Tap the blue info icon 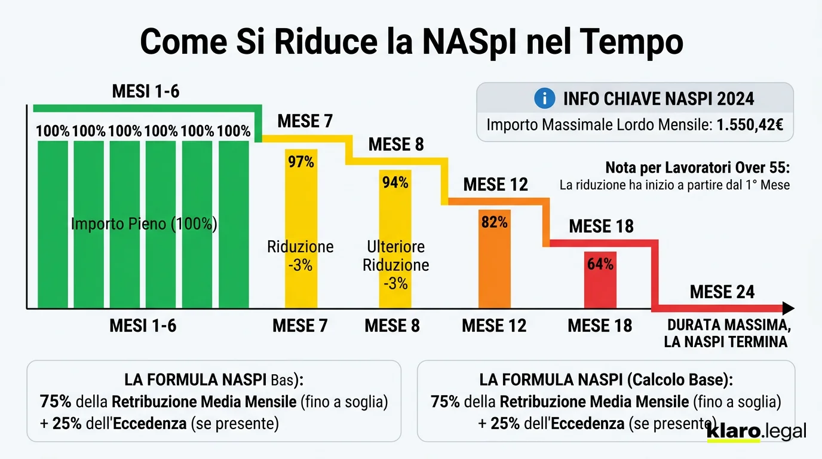(544, 99)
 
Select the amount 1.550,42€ (750, 126)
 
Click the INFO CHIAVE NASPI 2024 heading (658, 99)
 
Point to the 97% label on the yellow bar (301, 162)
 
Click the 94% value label (395, 183)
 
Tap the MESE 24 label (722, 292)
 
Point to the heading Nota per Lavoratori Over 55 (697, 167)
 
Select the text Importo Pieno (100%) (143, 224)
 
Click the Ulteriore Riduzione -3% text (395, 265)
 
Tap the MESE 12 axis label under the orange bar (494, 326)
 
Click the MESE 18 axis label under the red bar (600, 326)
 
